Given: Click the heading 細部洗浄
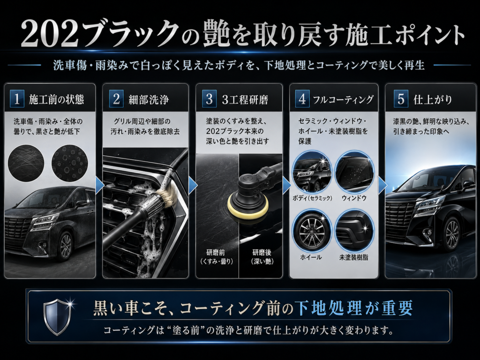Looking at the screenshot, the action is tap(149, 99).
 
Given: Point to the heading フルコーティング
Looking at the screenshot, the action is tap(343, 99).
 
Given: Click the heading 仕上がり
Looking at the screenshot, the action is tap(433, 99).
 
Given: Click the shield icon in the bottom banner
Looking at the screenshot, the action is tap(57, 317).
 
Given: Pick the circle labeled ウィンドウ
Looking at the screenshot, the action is tap(354, 172).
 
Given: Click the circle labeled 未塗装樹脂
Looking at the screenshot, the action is tap(354, 230).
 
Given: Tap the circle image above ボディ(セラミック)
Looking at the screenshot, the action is tap(312, 172).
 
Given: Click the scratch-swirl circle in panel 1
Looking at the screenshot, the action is tap(26, 163).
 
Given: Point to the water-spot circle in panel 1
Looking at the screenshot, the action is tap(70, 163).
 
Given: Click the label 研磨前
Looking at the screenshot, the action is tap(216, 253).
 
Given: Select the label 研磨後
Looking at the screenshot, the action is tap(262, 253).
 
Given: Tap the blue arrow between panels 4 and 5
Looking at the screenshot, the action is tap(382, 185).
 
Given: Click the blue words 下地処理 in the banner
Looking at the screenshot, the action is tap(328, 307).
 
